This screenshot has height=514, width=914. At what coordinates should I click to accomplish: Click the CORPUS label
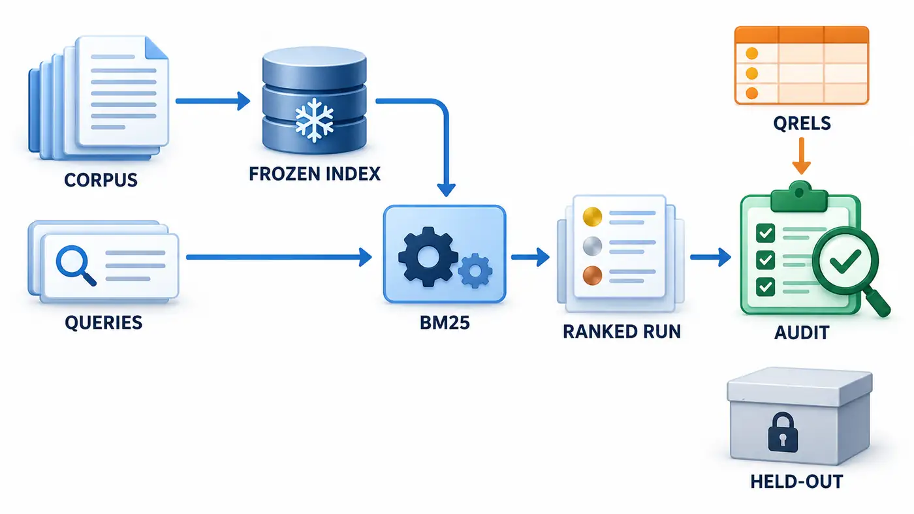pyautogui.click(x=101, y=180)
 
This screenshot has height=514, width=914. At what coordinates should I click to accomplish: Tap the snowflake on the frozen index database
pyautogui.click(x=314, y=120)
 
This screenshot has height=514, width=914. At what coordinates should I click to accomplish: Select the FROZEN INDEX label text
pyautogui.click(x=315, y=174)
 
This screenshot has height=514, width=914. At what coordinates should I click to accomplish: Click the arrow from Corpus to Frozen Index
pyautogui.click(x=213, y=100)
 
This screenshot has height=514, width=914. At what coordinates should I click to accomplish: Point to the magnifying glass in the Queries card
pyautogui.click(x=76, y=265)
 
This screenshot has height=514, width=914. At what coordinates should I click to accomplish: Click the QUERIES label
pyautogui.click(x=104, y=322)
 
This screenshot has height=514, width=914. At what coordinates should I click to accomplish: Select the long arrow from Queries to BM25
pyautogui.click(x=279, y=257)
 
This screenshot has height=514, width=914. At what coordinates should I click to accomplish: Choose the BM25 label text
pyautogui.click(x=445, y=323)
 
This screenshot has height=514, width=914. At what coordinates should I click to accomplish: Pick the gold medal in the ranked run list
pyautogui.click(x=593, y=217)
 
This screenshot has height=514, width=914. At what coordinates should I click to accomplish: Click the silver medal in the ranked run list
pyautogui.click(x=593, y=246)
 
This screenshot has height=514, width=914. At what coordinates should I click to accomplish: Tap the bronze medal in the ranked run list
pyautogui.click(x=593, y=275)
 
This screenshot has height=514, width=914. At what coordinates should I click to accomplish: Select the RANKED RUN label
pyautogui.click(x=622, y=331)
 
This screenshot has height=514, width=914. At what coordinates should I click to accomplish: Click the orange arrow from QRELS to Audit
pyautogui.click(x=802, y=156)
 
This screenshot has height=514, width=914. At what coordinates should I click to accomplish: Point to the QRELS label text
pyautogui.click(x=802, y=123)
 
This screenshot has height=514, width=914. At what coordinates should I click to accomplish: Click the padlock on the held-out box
pyautogui.click(x=783, y=432)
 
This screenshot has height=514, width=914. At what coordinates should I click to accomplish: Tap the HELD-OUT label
pyautogui.click(x=796, y=482)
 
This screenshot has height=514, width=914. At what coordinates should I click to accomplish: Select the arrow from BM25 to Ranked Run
pyautogui.click(x=530, y=257)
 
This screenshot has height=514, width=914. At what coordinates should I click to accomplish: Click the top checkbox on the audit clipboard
pyautogui.click(x=765, y=233)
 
